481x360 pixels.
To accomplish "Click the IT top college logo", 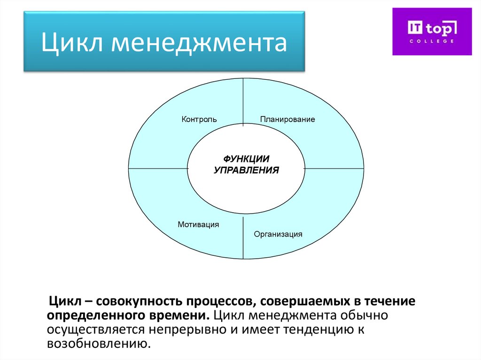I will (x=432, y=31).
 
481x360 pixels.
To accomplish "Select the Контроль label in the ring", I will (x=199, y=120).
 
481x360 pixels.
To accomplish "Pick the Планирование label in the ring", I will (x=287, y=120).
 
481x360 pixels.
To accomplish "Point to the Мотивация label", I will (x=198, y=224).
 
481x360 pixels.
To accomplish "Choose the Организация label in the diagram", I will (x=278, y=234).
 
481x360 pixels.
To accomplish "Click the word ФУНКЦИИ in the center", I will (x=246, y=159).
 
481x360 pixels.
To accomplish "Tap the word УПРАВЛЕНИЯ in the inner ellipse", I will (x=246, y=170).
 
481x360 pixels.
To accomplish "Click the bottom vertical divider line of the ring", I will (x=243, y=237).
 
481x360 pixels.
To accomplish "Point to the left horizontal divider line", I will (x=158, y=168).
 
